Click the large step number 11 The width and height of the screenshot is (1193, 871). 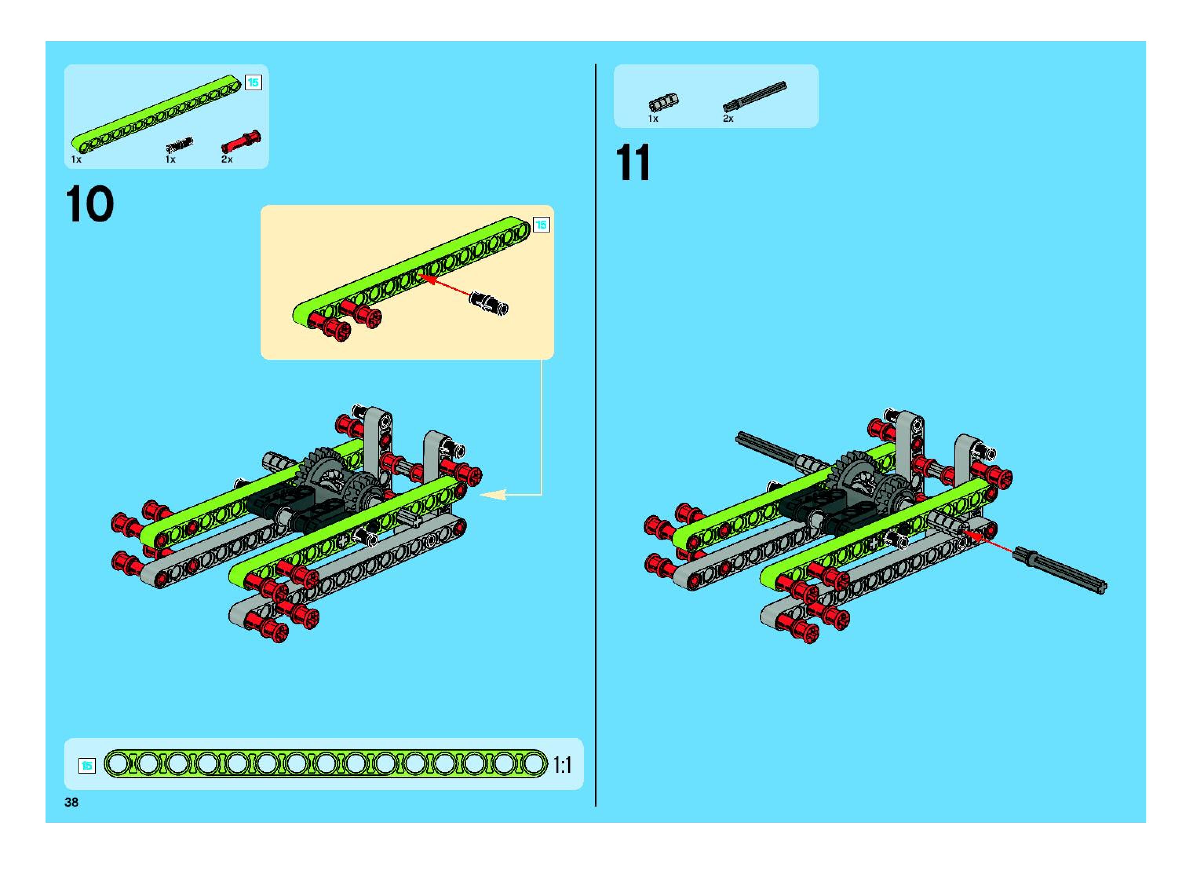coord(633,163)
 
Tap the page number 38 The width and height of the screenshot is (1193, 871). coord(71,802)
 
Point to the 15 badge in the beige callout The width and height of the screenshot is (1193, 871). coord(541,225)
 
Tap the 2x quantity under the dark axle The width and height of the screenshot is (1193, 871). coord(728,119)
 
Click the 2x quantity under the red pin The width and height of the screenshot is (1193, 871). coord(226,159)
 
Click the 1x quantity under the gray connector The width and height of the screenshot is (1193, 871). coord(653,119)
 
